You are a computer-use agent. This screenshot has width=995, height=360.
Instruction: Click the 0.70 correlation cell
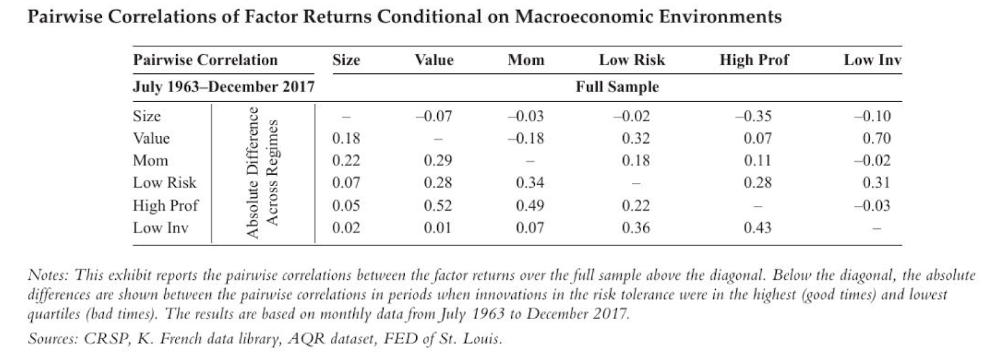point(876,138)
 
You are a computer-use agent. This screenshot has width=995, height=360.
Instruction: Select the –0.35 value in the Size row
point(754,116)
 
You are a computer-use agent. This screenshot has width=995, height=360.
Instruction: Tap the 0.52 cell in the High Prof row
point(438,205)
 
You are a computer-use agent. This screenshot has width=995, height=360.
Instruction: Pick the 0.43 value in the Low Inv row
point(757,228)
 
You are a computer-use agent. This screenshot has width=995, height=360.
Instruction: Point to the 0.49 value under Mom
point(530,205)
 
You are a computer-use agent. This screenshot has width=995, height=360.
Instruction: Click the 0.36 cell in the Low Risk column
point(636,228)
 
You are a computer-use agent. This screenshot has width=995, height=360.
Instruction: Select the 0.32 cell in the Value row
point(636,138)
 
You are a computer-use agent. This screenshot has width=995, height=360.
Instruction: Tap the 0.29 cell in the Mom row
point(438,160)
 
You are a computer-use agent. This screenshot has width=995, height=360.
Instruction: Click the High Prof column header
point(754,60)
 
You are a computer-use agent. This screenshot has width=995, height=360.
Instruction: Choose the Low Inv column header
point(872,60)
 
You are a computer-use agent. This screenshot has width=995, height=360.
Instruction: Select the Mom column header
point(525,60)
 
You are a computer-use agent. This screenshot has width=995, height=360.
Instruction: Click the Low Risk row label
point(164,183)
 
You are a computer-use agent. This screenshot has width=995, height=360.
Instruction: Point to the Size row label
point(147,116)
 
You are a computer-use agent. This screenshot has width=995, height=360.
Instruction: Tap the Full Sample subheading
point(616,87)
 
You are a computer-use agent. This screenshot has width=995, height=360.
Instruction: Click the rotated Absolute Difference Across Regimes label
point(261,173)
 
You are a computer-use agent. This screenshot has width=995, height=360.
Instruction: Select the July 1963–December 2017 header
point(223,87)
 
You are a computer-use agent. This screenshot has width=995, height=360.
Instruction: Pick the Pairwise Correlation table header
point(205,60)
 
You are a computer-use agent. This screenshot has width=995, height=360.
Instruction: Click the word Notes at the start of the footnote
point(50,275)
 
